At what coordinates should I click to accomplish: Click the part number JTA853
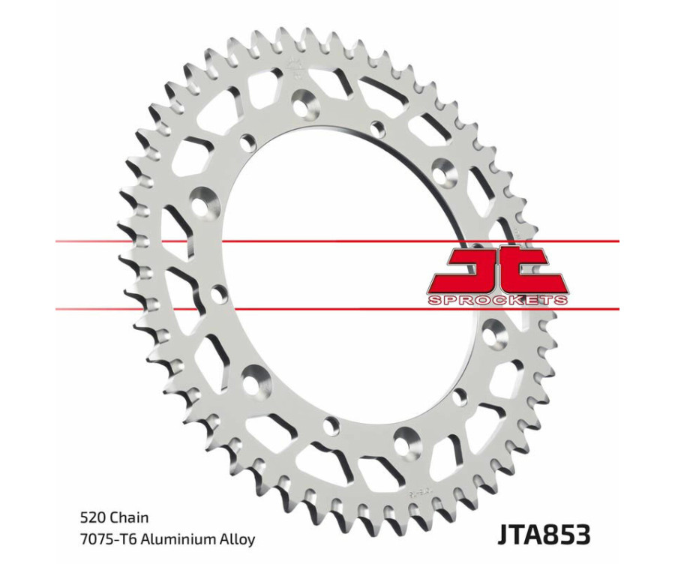pyautogui.click(x=543, y=534)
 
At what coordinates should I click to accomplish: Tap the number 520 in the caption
pyautogui.click(x=91, y=517)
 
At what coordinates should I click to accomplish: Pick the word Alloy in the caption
pyautogui.click(x=238, y=539)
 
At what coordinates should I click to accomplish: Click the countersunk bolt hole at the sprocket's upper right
pyautogui.click(x=448, y=171)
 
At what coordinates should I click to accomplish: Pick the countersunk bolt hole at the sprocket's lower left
pyautogui.click(x=255, y=375)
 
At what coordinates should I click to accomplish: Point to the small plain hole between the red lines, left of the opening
pyautogui.click(x=218, y=293)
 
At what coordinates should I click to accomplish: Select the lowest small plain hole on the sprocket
pyautogui.click(x=328, y=428)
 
